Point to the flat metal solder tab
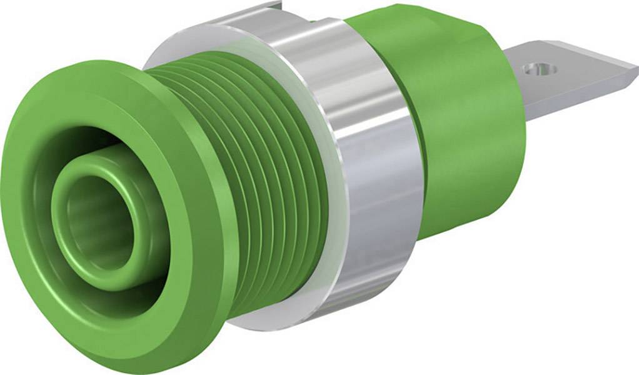[x=575, y=72]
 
